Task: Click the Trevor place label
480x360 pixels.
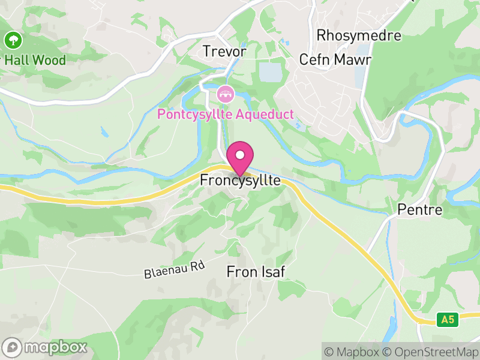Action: (x=224, y=52)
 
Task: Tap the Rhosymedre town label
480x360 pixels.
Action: (x=359, y=35)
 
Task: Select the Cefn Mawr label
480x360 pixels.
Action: (x=335, y=60)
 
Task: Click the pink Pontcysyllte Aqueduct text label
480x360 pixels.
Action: (x=226, y=114)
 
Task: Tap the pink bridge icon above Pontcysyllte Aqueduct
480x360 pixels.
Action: (x=226, y=94)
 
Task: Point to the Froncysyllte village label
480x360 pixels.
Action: (x=240, y=180)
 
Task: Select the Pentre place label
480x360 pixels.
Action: (x=420, y=210)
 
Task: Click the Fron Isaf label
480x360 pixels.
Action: (x=255, y=272)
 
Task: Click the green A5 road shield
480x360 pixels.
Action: (x=447, y=320)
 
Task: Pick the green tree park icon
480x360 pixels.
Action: (x=13, y=41)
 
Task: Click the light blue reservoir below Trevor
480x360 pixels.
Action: (x=269, y=72)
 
